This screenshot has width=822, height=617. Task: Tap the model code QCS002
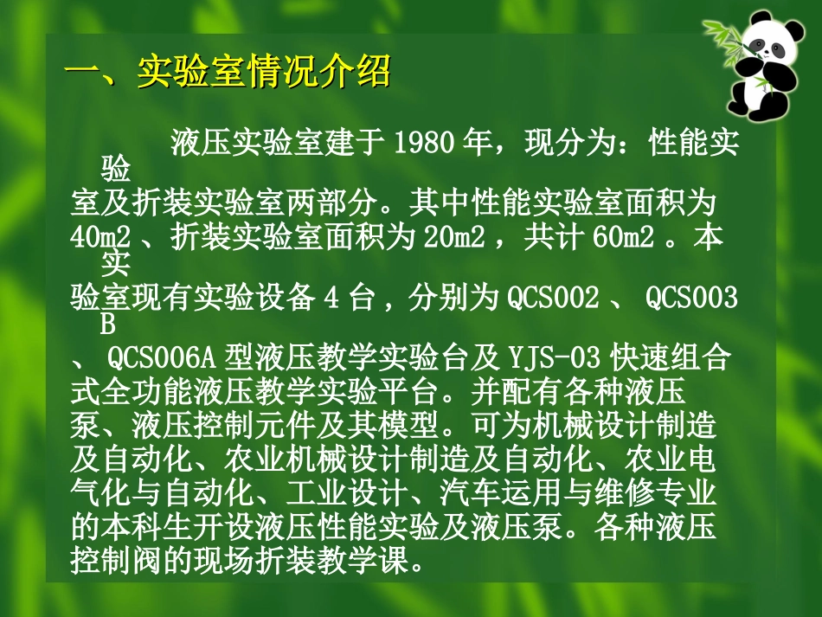click(x=553, y=299)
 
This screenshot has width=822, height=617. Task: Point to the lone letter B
click(x=108, y=327)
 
